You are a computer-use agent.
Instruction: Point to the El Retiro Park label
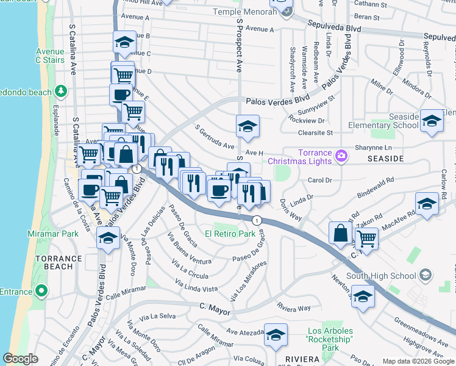click(230, 234)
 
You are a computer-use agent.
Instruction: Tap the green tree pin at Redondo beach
click(60, 91)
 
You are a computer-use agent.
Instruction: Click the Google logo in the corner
click(21, 359)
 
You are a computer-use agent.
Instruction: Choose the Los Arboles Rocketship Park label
click(330, 339)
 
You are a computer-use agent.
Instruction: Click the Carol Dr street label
click(319, 181)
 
